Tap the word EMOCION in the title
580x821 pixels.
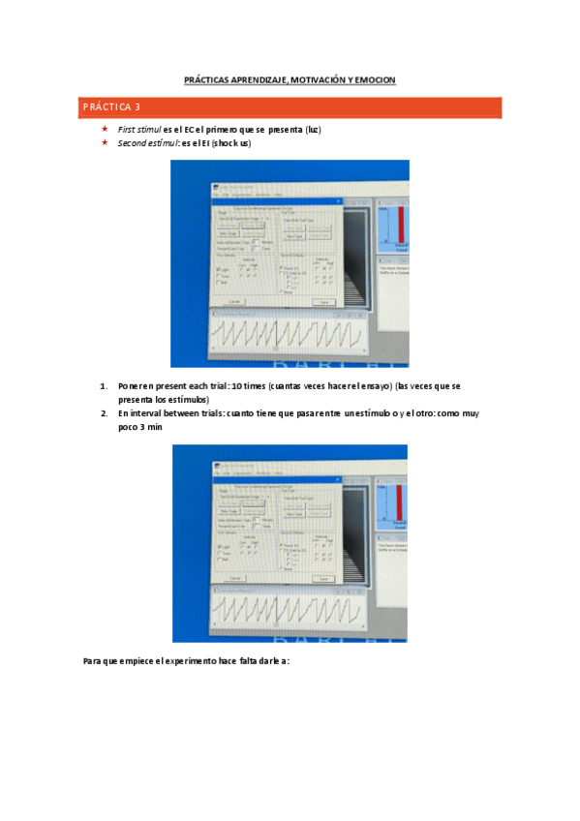374,79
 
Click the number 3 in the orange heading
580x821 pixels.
137,106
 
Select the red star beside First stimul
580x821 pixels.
105,129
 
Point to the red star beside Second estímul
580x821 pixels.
105,142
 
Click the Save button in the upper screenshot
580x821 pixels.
322,302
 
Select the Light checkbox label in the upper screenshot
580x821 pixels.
224,269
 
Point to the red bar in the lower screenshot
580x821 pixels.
399,502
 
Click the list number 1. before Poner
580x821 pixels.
105,385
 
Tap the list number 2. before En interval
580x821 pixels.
105,412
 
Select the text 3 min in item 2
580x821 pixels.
137,426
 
